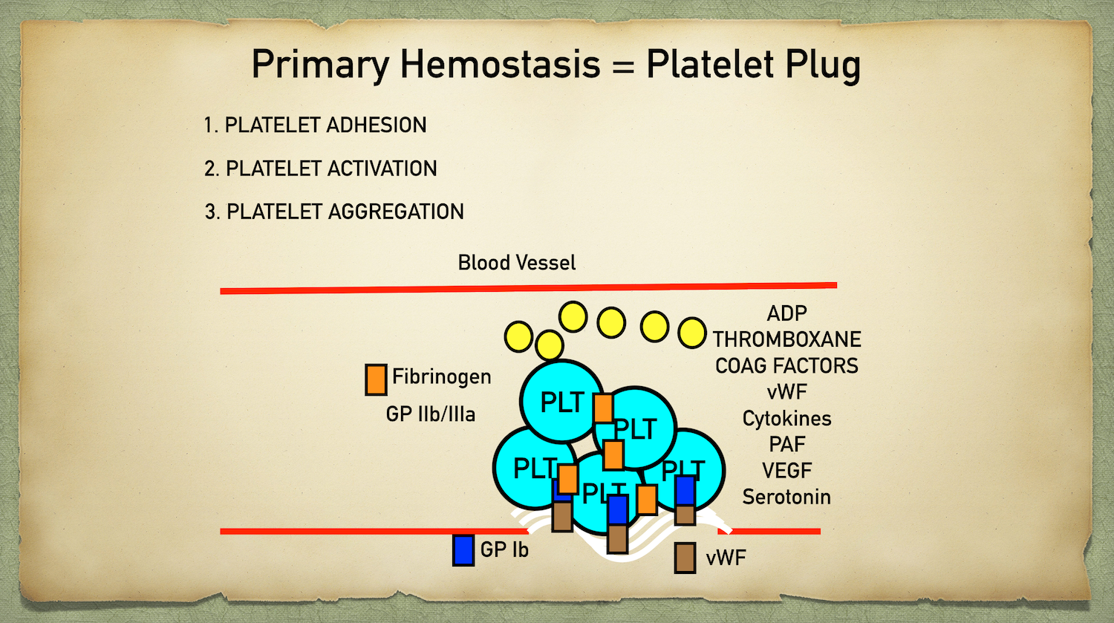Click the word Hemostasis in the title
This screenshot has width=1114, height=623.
[x=500, y=64]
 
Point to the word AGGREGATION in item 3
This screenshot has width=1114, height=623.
[x=396, y=212]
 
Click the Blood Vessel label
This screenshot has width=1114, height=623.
[x=516, y=262]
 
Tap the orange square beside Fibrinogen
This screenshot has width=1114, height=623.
[x=376, y=379]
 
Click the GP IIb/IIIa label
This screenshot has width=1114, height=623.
[x=430, y=414]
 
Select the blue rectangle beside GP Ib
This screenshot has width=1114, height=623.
[x=463, y=550]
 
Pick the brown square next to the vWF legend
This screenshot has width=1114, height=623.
[x=685, y=558]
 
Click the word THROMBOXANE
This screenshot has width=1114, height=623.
[x=786, y=339]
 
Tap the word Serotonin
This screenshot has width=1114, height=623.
[x=786, y=497]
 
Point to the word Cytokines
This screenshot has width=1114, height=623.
[x=786, y=418]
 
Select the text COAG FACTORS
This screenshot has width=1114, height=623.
[x=786, y=365]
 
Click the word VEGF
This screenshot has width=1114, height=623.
[x=786, y=471]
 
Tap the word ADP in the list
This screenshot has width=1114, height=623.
[x=786, y=313]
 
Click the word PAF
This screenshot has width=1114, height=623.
[x=786, y=444]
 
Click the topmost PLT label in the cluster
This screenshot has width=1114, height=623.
[x=561, y=402]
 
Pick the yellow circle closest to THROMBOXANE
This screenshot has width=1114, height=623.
[x=692, y=333]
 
